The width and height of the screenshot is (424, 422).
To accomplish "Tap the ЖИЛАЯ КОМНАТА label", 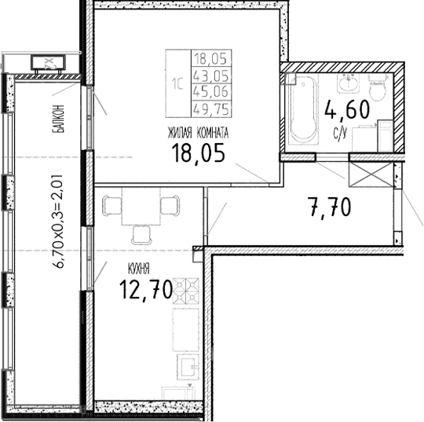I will tap(198, 132).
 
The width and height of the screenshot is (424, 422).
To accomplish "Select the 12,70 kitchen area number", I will tap(145, 291).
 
